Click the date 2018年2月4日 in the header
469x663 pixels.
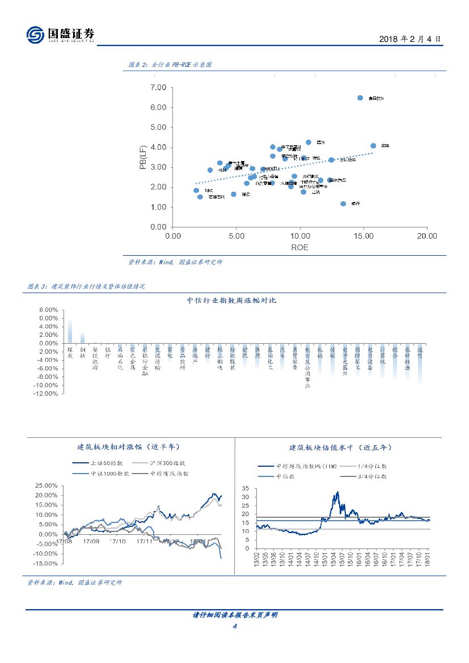pos(409,39)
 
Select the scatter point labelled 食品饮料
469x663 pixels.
pos(360,98)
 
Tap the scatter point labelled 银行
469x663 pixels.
pos(343,204)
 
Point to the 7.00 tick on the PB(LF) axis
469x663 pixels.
pos(158,87)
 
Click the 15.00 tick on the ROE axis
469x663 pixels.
pos(364,237)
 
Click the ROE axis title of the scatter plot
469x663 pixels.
pos(299,247)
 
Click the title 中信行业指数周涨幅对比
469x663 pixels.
pos(231,300)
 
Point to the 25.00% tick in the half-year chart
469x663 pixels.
pos(47,485)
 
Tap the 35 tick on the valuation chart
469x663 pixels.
pos(246,488)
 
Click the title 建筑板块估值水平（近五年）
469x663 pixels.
pos(340,447)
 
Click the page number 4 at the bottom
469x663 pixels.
pos(234,626)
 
